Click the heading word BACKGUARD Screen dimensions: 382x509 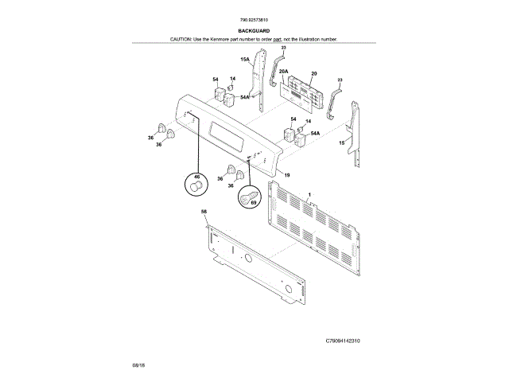pyautogui.click(x=254, y=31)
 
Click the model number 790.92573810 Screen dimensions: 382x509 pyautogui.click(x=254, y=21)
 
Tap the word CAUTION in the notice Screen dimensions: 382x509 pyautogui.click(x=182, y=39)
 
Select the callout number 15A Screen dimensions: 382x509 pyautogui.click(x=245, y=60)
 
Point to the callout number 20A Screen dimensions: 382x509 pyautogui.click(x=283, y=72)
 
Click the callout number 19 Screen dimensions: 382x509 pyautogui.click(x=286, y=174)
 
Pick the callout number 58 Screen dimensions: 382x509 pyautogui.click(x=204, y=211)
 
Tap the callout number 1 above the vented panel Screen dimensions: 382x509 pyautogui.click(x=309, y=194)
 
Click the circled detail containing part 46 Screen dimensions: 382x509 pyautogui.click(x=196, y=184)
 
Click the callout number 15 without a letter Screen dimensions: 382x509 pyautogui.click(x=341, y=142)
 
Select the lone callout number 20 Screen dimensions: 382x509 pyautogui.click(x=313, y=73)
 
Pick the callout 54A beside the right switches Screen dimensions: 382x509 pyautogui.click(x=315, y=134)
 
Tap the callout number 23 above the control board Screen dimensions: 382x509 pyautogui.click(x=283, y=49)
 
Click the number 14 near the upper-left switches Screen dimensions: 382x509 pyautogui.click(x=232, y=79)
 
